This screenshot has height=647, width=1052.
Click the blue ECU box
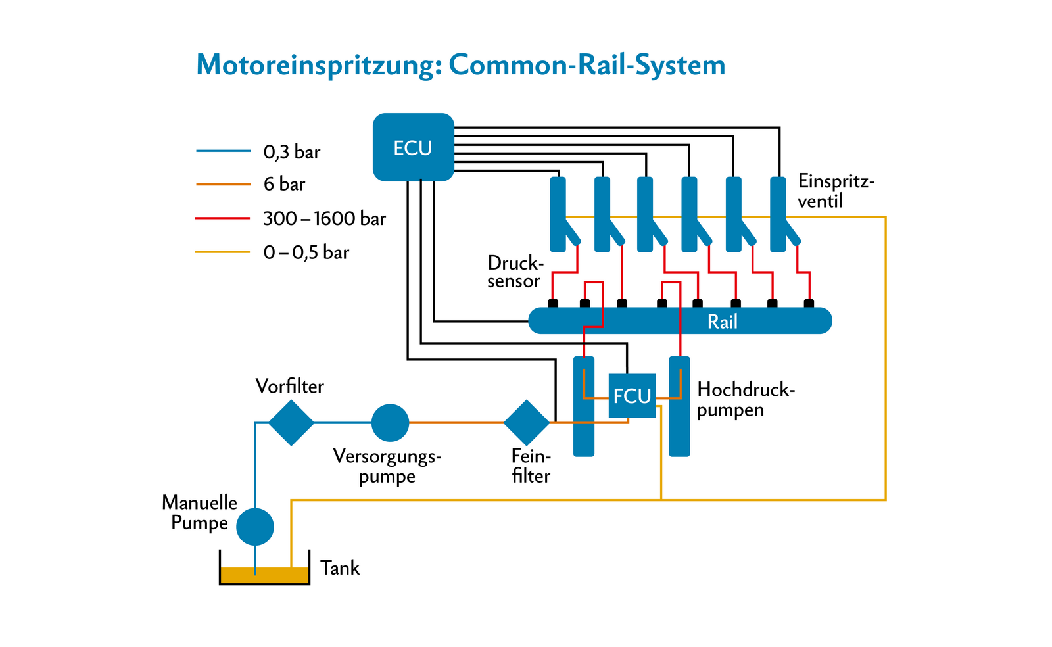[413, 147]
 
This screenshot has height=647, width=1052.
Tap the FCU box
[632, 396]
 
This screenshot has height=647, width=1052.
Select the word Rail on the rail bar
[722, 322]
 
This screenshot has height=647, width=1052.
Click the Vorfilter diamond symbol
[291, 423]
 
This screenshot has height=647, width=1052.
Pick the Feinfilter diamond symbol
[526, 423]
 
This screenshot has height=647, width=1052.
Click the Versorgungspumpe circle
[390, 423]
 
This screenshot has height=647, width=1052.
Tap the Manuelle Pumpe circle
[255, 527]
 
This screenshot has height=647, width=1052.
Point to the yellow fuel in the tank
[264, 575]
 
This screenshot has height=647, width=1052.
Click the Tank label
[340, 568]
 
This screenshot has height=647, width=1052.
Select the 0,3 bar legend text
[291, 152]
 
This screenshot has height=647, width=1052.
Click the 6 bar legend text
[284, 184]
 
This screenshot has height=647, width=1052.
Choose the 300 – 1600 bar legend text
[324, 218]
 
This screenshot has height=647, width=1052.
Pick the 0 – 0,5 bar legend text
[306, 252]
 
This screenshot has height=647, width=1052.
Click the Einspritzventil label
[835, 191]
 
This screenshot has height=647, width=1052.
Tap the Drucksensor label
[515, 272]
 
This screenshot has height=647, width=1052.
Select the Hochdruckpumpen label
[746, 400]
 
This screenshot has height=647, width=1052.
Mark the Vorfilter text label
[289, 386]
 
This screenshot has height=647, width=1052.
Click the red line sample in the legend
[222, 218]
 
